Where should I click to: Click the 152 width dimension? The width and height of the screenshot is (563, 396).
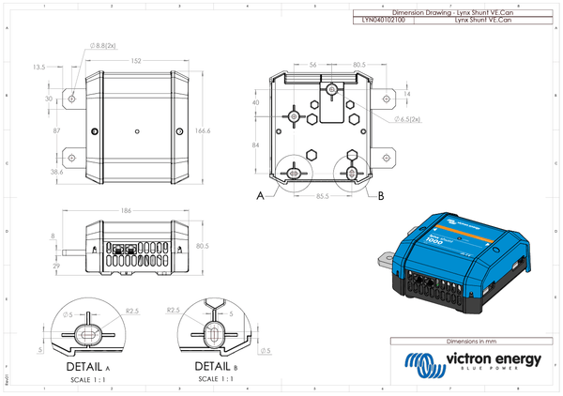[x=137, y=60]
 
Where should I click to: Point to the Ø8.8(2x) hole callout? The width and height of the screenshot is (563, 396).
[x=102, y=44]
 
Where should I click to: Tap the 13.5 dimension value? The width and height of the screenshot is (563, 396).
[x=39, y=68]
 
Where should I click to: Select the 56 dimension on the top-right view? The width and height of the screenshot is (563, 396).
[x=312, y=65]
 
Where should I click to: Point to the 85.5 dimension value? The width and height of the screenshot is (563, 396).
[x=322, y=195]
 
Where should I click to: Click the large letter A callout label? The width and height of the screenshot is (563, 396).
[x=260, y=196]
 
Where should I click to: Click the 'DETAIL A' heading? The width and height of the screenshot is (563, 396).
[x=87, y=366]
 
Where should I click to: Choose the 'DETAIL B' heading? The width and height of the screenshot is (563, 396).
[x=216, y=366]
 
